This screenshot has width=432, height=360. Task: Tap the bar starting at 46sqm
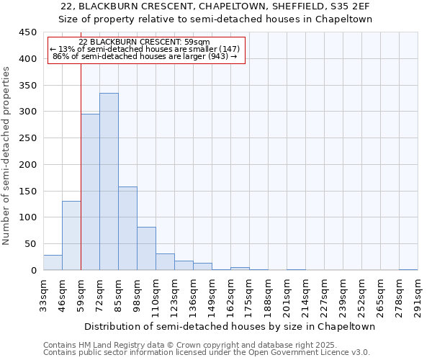pyautogui.click(x=71, y=235)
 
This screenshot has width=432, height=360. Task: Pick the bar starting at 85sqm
pyautogui.click(x=127, y=228)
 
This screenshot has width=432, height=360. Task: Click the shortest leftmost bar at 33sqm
pyautogui.click(x=53, y=263)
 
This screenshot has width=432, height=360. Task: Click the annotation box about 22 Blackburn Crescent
pyautogui.click(x=147, y=50)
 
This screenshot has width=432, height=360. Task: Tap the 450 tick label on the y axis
pyautogui.click(x=27, y=32)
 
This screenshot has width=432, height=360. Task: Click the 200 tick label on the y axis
pyautogui.click(x=27, y=165)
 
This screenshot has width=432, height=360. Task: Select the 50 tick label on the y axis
pyautogui.click(x=30, y=244)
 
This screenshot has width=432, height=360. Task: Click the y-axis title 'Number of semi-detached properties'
pyautogui.click(x=7, y=156)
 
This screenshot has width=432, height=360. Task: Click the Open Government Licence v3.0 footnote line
pyautogui.click(x=206, y=353)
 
